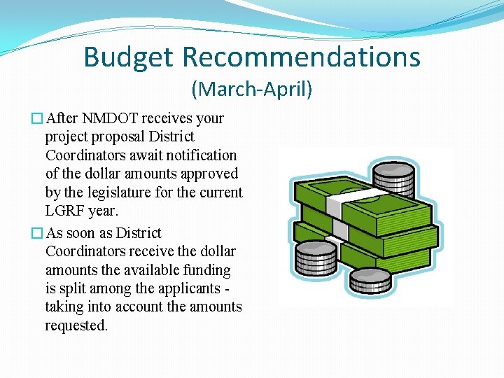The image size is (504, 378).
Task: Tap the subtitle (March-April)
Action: coord(251,90)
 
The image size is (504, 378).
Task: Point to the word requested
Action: coord(76,325)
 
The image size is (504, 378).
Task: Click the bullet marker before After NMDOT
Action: coord(38,119)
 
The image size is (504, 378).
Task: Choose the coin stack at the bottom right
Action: coord(370,280)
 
